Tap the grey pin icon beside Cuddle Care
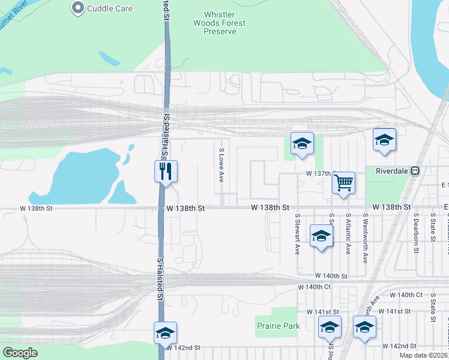coord(77,8)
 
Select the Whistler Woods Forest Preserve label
coord(220,23)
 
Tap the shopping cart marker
coord(343,182)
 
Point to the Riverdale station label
coord(392,171)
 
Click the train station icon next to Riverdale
coord(415,171)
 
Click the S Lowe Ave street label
coord(221,166)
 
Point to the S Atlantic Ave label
coord(348,236)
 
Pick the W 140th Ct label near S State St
coord(406,295)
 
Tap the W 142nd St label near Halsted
coord(183,348)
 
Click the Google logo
coord(20,353)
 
